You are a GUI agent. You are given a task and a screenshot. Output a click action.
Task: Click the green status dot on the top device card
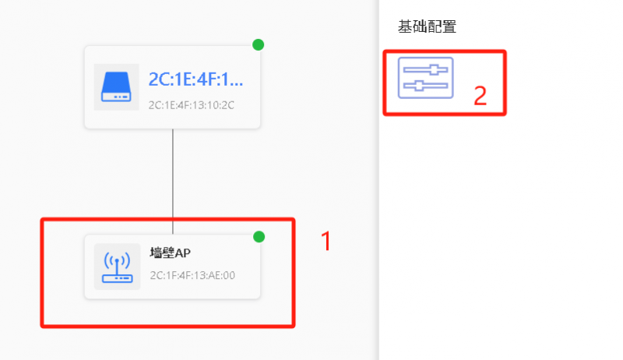[x=259, y=44]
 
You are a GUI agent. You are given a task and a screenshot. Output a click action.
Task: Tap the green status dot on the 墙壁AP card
[x=259, y=237]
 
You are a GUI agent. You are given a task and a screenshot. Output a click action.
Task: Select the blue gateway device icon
[x=116, y=86]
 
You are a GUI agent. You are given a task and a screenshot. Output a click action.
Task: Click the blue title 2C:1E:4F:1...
[x=195, y=79]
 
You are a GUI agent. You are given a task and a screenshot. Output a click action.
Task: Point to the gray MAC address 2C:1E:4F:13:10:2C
[x=191, y=105]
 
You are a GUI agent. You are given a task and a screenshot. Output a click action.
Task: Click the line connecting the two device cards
[x=173, y=182]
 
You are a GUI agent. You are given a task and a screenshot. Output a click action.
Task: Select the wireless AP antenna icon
[x=118, y=266]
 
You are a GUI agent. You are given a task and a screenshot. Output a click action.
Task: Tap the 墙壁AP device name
[x=170, y=252]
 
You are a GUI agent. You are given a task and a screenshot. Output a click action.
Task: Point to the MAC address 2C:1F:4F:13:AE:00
[x=192, y=275]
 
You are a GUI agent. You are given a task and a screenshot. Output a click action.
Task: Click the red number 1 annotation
[x=326, y=242]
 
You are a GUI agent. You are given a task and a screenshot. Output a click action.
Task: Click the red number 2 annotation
[x=480, y=96]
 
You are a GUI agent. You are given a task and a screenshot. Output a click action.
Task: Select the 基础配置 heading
[x=427, y=26]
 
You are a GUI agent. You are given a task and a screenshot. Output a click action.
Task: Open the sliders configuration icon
[x=425, y=77]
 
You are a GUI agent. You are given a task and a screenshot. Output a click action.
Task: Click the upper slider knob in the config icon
[x=435, y=70]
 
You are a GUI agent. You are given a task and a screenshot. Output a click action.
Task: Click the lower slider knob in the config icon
[x=419, y=86]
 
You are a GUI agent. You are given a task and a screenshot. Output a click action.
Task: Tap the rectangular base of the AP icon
[x=118, y=278]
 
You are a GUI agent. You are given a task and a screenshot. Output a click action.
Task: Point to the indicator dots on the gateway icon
[x=121, y=97]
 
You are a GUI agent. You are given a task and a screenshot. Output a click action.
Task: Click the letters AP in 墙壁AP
[x=182, y=252]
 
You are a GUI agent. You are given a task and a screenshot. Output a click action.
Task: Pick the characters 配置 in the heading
[x=442, y=26]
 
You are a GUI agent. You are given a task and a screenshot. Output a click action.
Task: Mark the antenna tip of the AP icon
[x=118, y=261]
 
